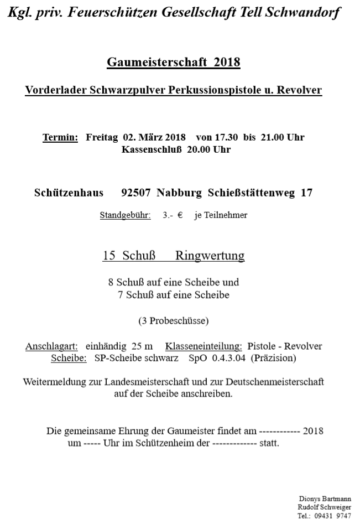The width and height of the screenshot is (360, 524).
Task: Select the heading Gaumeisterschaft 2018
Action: pos(173,61)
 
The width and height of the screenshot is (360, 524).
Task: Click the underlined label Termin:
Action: pos(60,137)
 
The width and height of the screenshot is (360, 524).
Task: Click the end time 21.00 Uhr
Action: pos(280,137)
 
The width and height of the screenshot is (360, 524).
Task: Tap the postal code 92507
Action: pos(135,193)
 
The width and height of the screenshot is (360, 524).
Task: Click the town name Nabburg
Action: pos(180,193)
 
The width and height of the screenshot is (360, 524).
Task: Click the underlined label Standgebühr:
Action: pos(125,215)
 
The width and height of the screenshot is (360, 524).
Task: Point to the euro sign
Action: pos(180,215)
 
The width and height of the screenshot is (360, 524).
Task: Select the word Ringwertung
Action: pos(210,256)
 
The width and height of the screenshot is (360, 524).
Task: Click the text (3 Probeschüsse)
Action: pos(173,320)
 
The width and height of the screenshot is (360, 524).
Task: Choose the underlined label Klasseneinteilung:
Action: pos(204,346)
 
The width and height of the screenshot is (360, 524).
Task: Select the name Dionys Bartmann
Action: pos(325,499)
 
